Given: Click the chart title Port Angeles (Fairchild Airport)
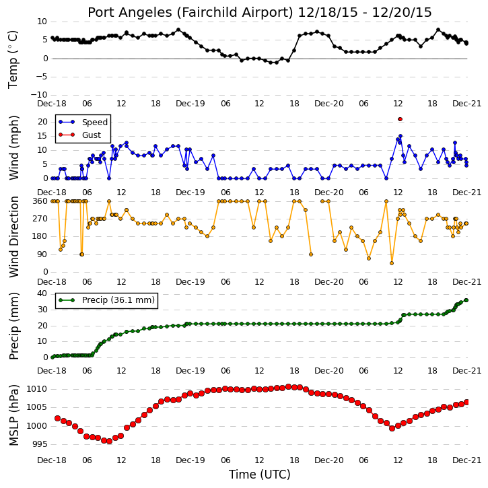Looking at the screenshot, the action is point(190,13).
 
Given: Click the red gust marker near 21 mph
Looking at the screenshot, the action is point(400,119).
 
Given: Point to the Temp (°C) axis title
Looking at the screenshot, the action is point(13,59).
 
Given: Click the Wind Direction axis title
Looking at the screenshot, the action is point(13,236).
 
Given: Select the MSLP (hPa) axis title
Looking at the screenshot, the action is point(13,415).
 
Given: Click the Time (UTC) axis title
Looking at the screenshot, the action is point(260,475).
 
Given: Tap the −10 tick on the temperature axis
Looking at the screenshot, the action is point(38,95).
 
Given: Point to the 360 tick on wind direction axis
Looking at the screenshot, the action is point(40,201).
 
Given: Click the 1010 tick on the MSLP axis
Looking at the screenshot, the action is point(37,389).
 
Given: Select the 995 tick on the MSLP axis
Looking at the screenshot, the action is point(40,444).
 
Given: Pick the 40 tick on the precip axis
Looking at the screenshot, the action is point(42,293).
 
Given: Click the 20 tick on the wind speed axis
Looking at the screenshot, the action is point(42,122).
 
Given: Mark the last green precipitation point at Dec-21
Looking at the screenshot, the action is point(466,300).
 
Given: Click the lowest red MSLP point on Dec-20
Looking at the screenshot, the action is point(392,428).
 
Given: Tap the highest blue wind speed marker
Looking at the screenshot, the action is point(400,136).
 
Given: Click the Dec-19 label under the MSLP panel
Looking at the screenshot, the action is point(190,460).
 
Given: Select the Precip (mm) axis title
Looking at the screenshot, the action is point(13,326).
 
